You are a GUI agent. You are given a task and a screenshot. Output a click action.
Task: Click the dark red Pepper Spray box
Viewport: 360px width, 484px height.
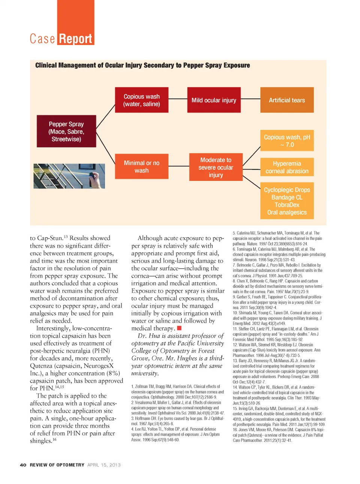point(66,131)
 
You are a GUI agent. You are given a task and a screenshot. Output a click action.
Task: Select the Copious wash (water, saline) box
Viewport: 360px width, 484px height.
point(141,100)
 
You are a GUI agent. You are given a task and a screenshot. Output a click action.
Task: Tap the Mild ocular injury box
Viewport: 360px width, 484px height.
point(214,100)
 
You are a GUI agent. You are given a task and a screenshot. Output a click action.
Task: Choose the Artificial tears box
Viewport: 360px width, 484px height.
point(287,100)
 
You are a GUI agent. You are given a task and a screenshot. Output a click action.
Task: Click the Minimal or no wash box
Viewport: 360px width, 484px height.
point(141,167)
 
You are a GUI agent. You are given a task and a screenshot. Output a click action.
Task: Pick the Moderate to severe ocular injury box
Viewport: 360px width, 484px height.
point(216,167)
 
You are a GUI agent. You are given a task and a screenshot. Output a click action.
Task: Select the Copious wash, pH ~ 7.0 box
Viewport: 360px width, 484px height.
point(287,141)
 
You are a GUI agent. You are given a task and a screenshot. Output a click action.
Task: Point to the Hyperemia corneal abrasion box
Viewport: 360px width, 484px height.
point(287,167)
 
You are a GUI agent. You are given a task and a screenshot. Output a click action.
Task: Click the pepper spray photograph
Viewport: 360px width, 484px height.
point(69,176)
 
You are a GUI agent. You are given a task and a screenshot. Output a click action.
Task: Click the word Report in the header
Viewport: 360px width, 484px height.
point(75,39)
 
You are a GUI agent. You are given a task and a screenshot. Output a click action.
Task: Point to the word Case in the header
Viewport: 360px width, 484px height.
point(42,39)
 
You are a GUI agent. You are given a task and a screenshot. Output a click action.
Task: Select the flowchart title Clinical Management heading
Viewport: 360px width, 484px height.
point(142,65)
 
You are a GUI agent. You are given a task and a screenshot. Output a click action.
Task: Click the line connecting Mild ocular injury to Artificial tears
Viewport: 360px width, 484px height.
point(250,99)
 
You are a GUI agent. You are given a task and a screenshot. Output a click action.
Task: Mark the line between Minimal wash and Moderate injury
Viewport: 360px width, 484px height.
point(179,166)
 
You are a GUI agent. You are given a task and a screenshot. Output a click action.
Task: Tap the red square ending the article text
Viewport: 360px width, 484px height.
point(179,328)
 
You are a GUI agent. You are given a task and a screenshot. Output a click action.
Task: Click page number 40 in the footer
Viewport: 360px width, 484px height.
point(23,465)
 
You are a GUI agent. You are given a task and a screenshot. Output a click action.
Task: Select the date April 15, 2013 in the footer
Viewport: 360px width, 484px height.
point(104,465)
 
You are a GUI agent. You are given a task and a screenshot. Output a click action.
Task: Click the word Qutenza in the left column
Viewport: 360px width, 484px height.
point(42,366)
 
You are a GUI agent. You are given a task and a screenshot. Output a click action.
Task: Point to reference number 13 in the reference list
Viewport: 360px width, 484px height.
point(235,361)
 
